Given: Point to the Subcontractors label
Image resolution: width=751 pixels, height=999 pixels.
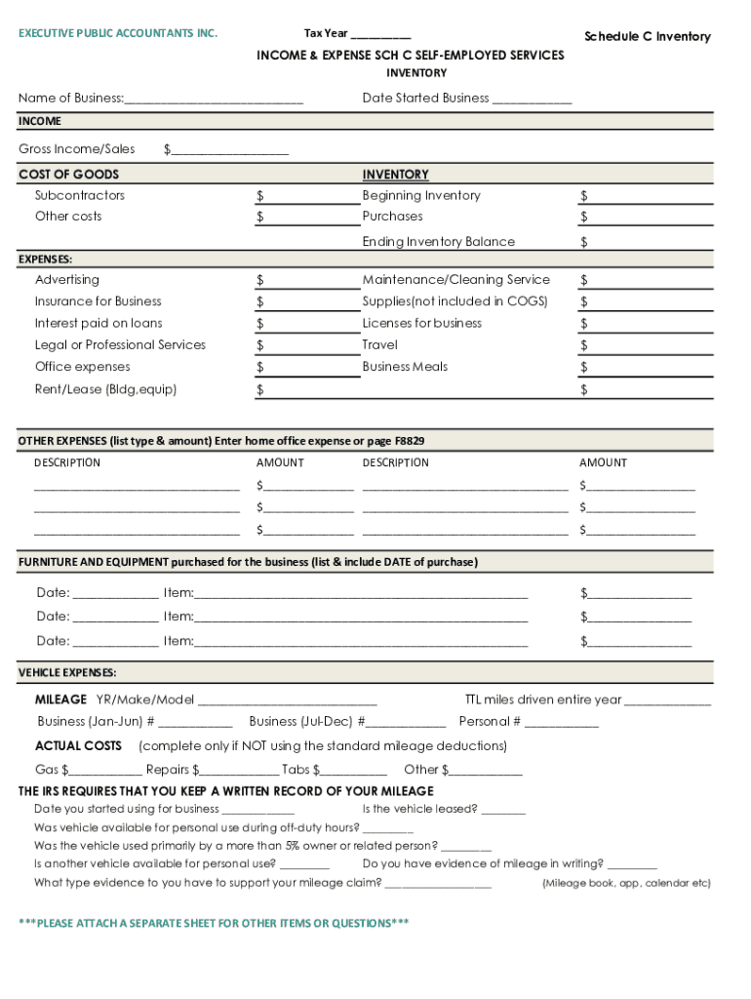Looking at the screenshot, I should [80, 195].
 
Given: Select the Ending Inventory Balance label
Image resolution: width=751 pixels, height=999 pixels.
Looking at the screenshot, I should [438, 241].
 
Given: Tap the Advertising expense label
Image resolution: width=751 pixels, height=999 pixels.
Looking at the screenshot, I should [67, 279].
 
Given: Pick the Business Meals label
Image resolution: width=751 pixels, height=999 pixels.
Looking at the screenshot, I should [405, 367].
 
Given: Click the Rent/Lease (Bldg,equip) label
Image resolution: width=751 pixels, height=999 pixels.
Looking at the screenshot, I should [106, 389].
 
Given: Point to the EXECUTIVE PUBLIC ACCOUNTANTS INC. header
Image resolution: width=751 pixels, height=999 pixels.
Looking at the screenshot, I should [118, 33].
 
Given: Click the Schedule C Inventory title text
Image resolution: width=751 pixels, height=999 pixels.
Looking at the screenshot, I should [647, 36].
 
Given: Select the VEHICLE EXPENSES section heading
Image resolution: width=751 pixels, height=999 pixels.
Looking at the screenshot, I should [67, 673].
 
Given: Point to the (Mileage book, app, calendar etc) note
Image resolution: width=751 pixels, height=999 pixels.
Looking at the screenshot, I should [626, 883].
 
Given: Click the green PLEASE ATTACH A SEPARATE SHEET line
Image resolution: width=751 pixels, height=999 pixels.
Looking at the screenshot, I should [214, 923].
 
